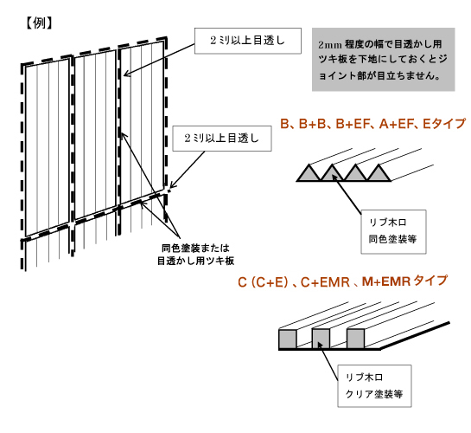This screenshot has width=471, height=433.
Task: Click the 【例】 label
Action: (x=39, y=23)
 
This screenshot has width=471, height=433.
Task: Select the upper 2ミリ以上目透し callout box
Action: (x=248, y=41)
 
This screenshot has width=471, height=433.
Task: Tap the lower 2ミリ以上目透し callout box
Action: (x=222, y=139)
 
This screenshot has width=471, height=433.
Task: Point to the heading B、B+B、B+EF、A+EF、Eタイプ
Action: (x=372, y=124)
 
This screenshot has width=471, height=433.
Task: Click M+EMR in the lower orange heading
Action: (x=386, y=281)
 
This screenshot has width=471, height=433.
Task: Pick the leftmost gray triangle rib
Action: (x=309, y=173)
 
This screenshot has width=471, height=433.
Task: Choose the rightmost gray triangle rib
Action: (x=379, y=173)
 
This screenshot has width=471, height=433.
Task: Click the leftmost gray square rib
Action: (x=288, y=339)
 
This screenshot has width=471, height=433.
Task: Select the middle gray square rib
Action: (x=321, y=339)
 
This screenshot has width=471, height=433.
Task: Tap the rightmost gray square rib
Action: (x=355, y=339)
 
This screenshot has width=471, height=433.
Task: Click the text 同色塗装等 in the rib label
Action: (x=392, y=239)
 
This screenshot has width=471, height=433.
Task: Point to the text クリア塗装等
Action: (x=374, y=393)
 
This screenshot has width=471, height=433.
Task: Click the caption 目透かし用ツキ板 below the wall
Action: (x=196, y=261)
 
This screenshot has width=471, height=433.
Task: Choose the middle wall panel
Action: (x=95, y=135)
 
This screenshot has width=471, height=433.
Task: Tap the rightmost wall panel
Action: (x=142, y=122)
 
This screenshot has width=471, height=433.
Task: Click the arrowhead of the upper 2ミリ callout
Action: (x=126, y=74)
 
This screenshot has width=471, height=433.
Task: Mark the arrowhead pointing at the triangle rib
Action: (x=335, y=178)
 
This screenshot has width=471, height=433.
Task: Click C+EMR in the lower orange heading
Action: (x=325, y=282)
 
